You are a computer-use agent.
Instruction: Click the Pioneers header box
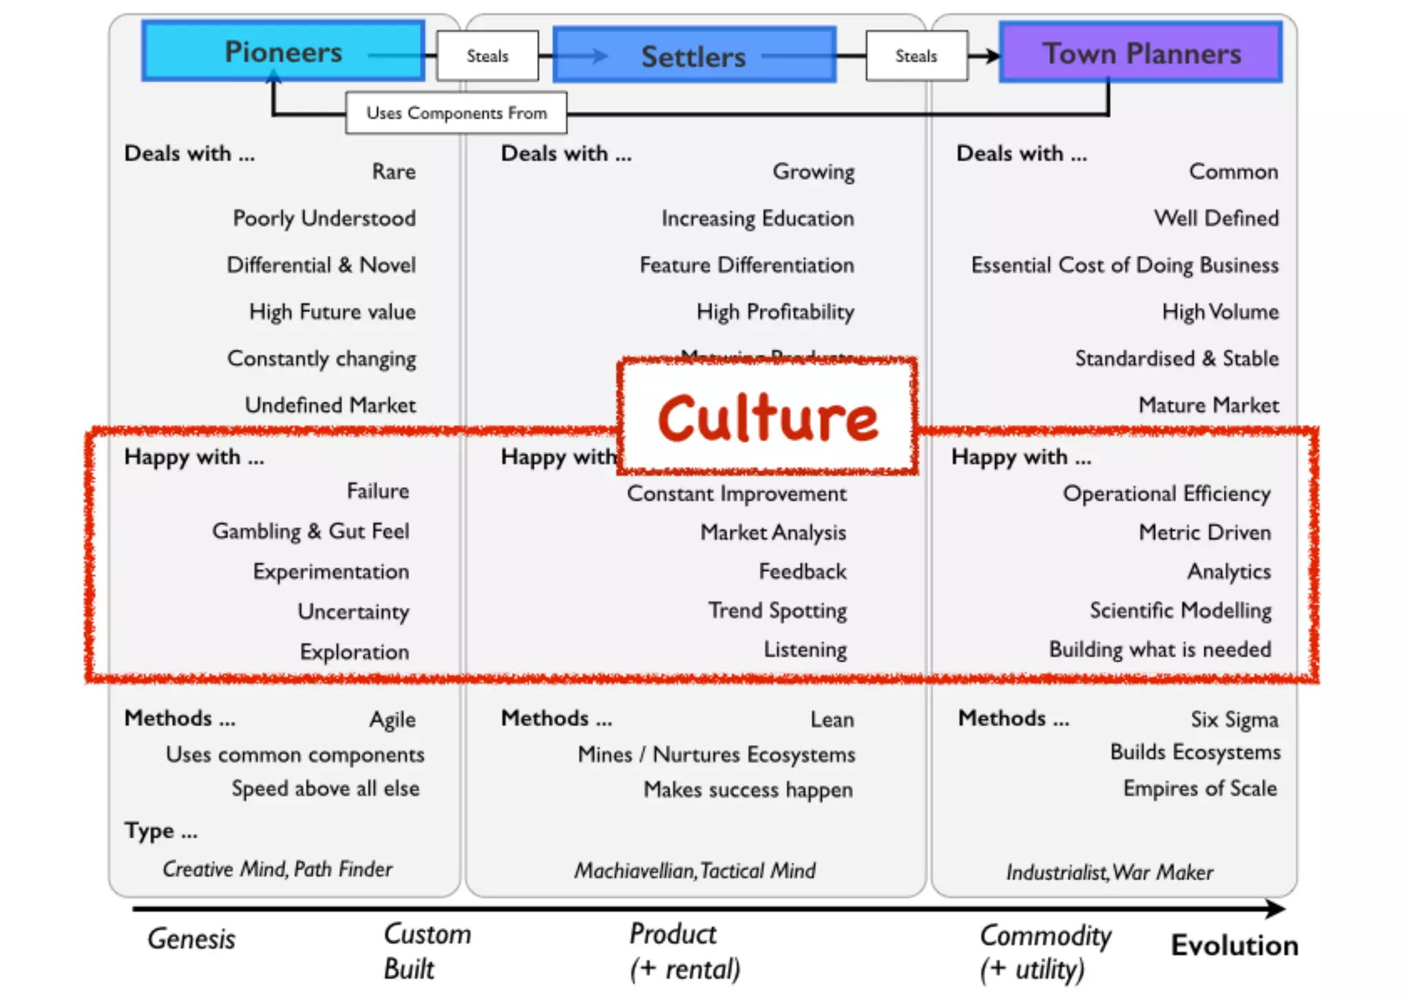pos(283,52)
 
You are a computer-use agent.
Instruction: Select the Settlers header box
pos(694,56)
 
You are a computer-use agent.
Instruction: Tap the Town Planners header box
pos(1141,53)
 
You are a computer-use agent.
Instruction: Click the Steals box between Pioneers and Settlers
pos(487,56)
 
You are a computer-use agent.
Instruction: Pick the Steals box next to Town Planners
pos(916,56)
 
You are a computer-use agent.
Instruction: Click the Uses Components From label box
pos(456,112)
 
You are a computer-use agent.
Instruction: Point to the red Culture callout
pos(768,417)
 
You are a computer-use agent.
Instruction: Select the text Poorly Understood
pos(324,218)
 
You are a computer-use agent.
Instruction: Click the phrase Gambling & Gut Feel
pos(311,531)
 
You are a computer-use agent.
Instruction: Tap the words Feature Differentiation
pos(746,265)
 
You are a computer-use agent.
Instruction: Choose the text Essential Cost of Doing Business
pos(1124,265)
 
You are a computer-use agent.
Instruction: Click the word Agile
pos(392,719)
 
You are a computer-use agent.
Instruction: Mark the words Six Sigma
pos(1234,719)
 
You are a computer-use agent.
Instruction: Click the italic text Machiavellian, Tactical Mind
pos(695,871)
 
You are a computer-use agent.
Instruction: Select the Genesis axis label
pos(191,939)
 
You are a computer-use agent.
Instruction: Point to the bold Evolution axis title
pos(1234,945)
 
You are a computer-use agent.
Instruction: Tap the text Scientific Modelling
pos(1180,610)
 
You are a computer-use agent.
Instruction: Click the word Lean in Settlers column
pos(832,719)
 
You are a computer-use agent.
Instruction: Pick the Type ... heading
pos(161,831)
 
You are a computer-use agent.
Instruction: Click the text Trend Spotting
pos(777,610)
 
